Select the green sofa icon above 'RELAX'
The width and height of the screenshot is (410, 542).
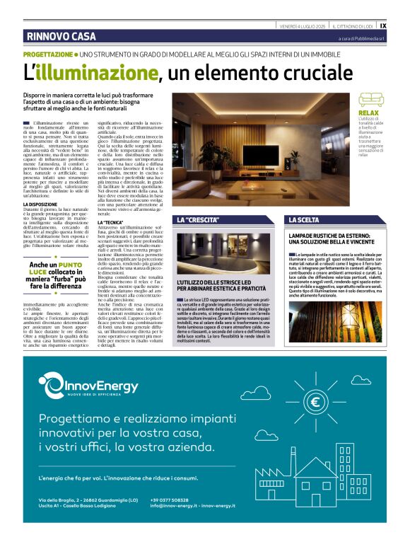370,100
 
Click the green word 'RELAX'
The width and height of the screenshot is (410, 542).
368,113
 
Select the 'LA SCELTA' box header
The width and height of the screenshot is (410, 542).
305,220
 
